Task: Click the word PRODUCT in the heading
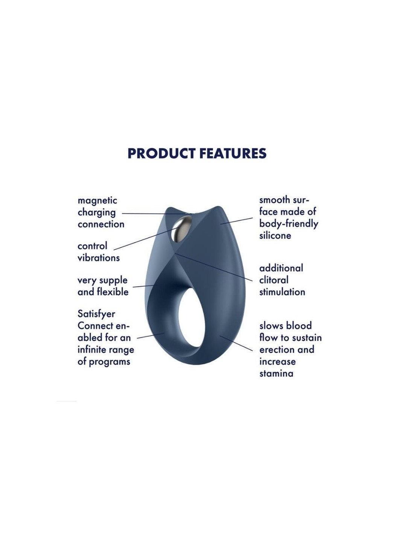[x=161, y=153]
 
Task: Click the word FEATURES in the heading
[x=233, y=153]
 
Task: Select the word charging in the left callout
[x=97, y=213]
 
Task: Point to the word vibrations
[x=99, y=258]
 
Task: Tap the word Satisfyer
[x=96, y=314]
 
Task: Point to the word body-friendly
[x=289, y=224]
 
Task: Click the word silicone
[x=275, y=235]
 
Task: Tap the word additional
[x=281, y=268]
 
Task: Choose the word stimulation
[x=282, y=292]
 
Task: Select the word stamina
[x=276, y=374]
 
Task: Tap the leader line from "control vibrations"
[x=145, y=239]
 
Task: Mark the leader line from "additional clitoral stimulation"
[x=213, y=267]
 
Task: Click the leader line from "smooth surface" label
[x=236, y=221]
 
